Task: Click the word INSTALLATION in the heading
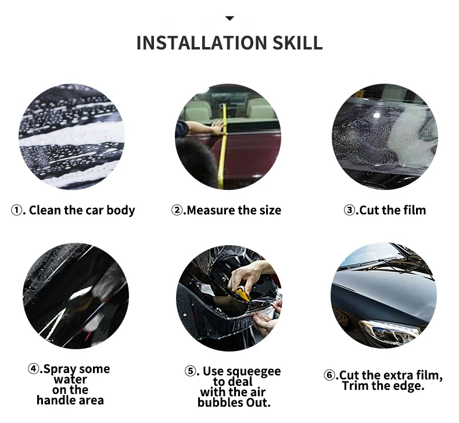click(202, 43)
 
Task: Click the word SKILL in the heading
click(297, 43)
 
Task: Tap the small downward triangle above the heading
click(230, 19)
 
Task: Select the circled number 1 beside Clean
click(16, 210)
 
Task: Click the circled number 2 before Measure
click(177, 210)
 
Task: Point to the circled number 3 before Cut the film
click(349, 210)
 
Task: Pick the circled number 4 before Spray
click(33, 368)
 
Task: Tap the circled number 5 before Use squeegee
click(189, 371)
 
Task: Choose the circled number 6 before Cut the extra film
click(329, 375)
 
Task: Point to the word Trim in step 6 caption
click(354, 386)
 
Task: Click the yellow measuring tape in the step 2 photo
click(223, 146)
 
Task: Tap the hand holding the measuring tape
click(217, 128)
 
